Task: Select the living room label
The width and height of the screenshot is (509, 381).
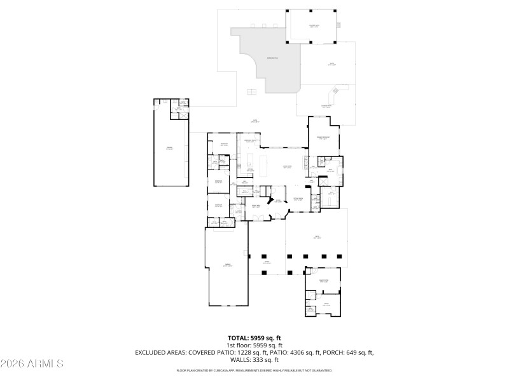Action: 287,167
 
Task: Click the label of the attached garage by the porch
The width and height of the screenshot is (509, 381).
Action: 226,265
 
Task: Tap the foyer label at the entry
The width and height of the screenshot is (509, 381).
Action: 278,201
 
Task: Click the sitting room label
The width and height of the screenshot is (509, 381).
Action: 298,199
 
